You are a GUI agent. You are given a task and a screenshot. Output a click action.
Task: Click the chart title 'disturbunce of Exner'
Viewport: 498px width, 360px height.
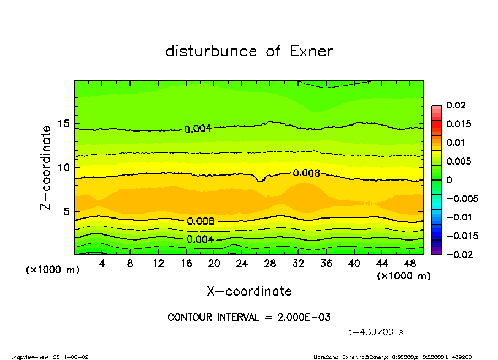click(249, 51)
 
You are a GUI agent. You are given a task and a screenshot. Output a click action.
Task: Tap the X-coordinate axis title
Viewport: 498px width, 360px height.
click(249, 291)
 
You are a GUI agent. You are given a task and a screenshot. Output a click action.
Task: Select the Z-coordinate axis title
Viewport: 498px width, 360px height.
click(46, 167)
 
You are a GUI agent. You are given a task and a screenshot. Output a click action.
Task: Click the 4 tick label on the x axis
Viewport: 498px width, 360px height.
click(102, 264)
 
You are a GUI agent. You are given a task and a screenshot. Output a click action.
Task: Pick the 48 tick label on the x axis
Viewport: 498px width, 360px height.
click(409, 264)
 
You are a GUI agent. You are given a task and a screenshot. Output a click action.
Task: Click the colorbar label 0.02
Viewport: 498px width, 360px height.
click(457, 105)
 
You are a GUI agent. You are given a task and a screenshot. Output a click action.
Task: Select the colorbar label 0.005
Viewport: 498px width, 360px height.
click(459, 161)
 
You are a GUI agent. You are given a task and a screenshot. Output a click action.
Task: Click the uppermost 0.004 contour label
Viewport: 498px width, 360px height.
click(197, 129)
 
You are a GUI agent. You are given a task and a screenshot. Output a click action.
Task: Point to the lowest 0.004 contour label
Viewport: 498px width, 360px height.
click(201, 239)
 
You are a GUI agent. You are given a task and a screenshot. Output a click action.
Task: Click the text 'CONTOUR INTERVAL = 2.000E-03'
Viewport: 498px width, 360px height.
click(249, 318)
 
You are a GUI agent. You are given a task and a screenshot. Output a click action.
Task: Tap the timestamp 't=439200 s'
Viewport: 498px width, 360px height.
click(376, 332)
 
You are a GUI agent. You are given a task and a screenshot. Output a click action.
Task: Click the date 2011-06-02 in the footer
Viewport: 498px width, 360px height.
click(71, 357)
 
